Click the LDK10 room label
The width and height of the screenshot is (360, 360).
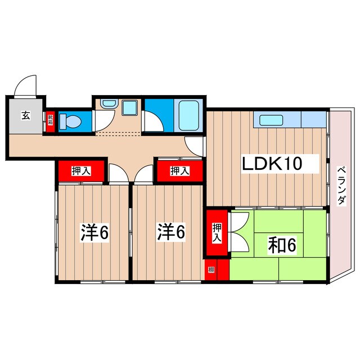[273, 164]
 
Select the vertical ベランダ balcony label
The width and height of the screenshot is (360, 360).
[341, 185]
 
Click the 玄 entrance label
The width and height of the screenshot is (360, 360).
[26, 116]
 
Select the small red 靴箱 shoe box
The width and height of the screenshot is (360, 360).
[50, 120]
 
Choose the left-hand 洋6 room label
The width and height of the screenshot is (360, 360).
[93, 232]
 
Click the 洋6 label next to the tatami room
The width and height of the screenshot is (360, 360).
[170, 232]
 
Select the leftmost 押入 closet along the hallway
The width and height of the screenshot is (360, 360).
[80, 170]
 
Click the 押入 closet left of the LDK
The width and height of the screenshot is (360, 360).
[179, 170]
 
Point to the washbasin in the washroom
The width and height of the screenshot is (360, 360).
[107, 105]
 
